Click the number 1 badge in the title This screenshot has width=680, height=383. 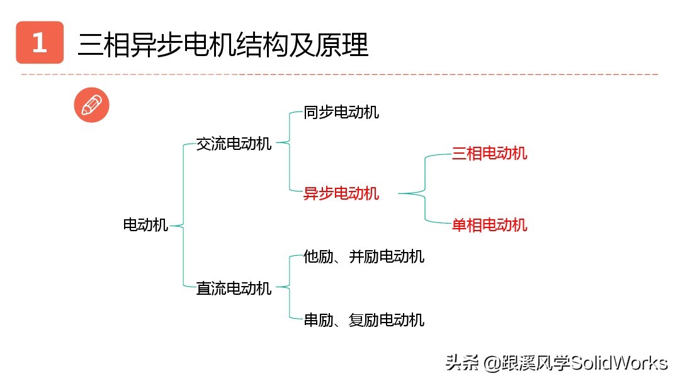(x=40, y=43)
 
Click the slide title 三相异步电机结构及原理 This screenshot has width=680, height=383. (x=223, y=45)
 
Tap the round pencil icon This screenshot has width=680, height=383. (x=91, y=105)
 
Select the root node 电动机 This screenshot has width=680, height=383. (x=145, y=225)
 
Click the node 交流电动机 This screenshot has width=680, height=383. (x=234, y=144)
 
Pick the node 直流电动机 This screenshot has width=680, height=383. (x=234, y=289)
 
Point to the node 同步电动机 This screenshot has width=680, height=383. (x=341, y=113)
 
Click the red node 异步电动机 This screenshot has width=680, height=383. (x=341, y=193)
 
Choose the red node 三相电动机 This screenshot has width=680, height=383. (x=489, y=153)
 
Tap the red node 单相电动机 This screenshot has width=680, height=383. (x=489, y=225)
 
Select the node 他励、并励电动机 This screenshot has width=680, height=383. (x=364, y=256)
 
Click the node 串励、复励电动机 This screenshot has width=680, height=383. (x=364, y=320)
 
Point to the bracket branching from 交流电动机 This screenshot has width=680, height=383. (x=289, y=151)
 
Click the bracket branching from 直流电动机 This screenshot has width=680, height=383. (x=289, y=288)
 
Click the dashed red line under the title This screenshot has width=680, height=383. (x=340, y=74)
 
